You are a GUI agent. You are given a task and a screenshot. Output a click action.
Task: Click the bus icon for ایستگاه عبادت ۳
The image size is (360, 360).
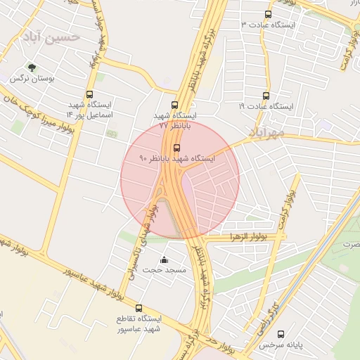[267, 14]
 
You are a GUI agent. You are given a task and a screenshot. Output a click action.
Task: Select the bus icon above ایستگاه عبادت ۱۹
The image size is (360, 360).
[266, 96]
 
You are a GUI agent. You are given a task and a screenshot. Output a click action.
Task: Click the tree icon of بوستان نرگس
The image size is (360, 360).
[32, 68]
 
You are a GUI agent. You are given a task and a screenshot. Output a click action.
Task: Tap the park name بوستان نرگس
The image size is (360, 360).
[32, 79]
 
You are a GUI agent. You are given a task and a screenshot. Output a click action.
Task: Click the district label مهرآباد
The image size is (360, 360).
[266, 131]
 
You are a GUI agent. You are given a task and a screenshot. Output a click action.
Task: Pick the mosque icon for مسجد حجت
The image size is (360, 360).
[165, 260]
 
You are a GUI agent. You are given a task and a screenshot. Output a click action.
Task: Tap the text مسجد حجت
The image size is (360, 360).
[163, 270]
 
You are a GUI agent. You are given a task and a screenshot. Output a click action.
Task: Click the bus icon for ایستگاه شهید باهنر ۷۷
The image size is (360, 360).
[174, 105]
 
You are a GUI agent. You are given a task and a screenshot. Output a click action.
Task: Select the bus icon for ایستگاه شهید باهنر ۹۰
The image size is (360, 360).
[176, 148]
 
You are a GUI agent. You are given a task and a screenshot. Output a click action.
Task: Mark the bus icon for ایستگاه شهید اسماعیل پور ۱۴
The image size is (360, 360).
[89, 94]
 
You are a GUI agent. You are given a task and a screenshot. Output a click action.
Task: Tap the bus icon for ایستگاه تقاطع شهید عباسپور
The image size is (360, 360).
[139, 308]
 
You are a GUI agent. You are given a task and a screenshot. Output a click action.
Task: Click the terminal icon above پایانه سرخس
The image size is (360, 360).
[281, 335]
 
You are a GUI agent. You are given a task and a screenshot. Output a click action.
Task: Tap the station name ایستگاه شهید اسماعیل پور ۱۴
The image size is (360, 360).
[89, 109]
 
